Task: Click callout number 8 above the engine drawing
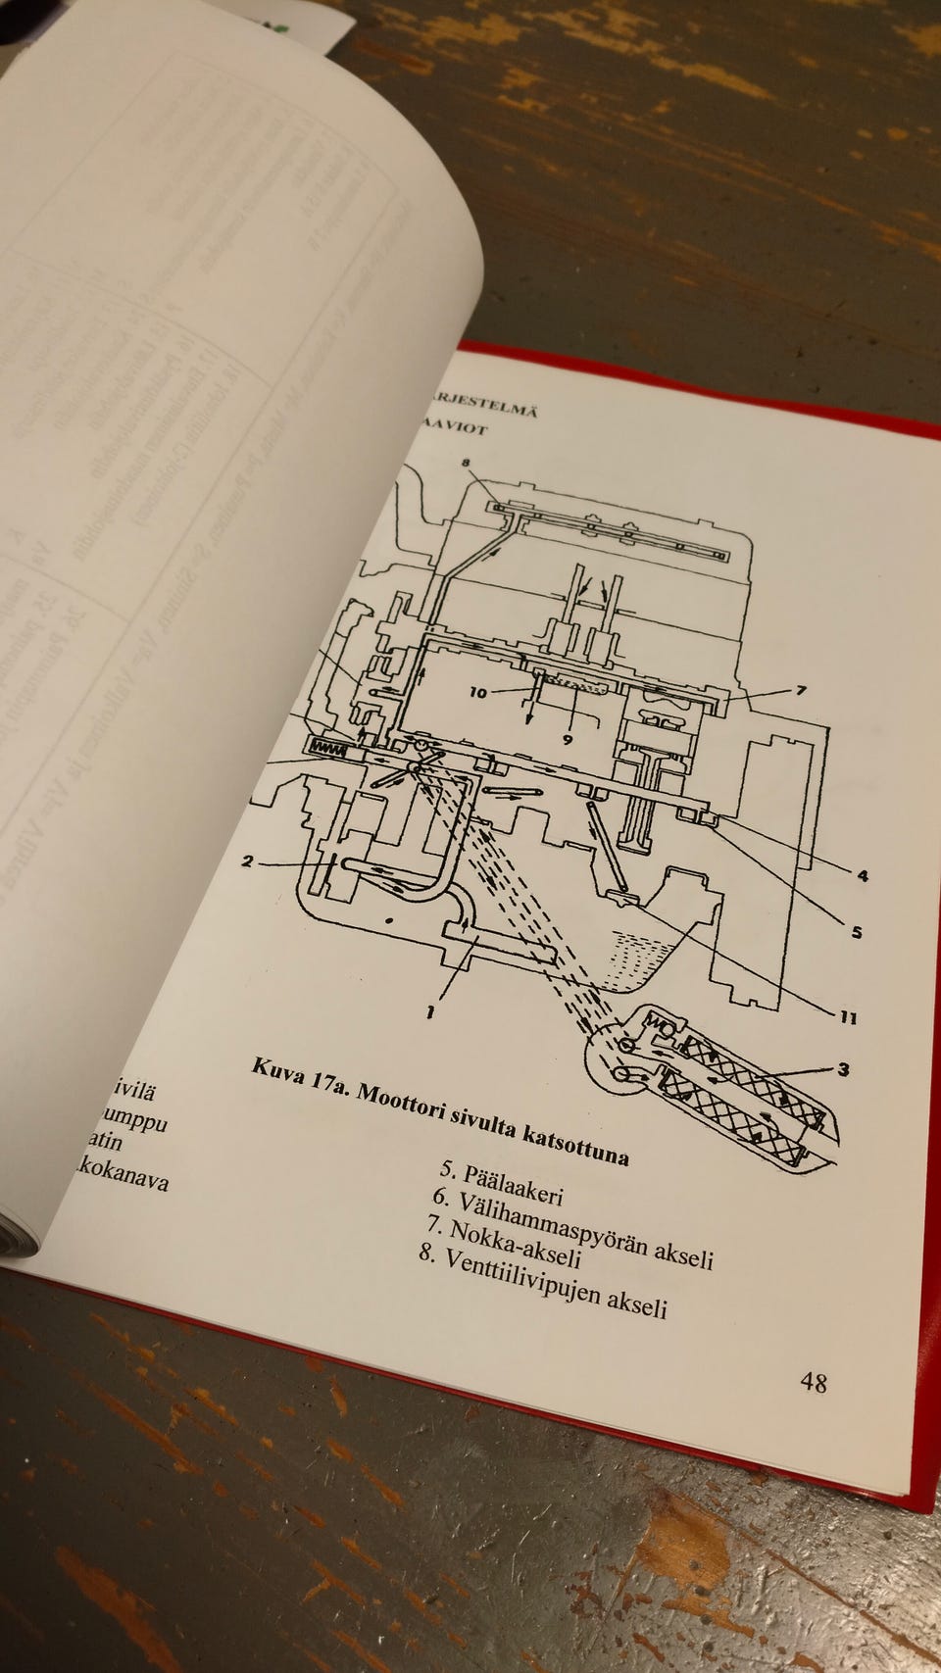(x=466, y=462)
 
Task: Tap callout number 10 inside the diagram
(x=477, y=692)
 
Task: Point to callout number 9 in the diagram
(x=568, y=739)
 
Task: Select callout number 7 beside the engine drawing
(x=801, y=690)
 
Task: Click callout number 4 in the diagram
(x=863, y=875)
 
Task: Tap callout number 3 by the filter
(x=843, y=1069)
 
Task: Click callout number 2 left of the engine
(x=248, y=861)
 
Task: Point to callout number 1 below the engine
(x=429, y=1010)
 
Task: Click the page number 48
(x=814, y=1382)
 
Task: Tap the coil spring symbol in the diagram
(x=327, y=747)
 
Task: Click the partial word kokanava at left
(x=122, y=1175)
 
